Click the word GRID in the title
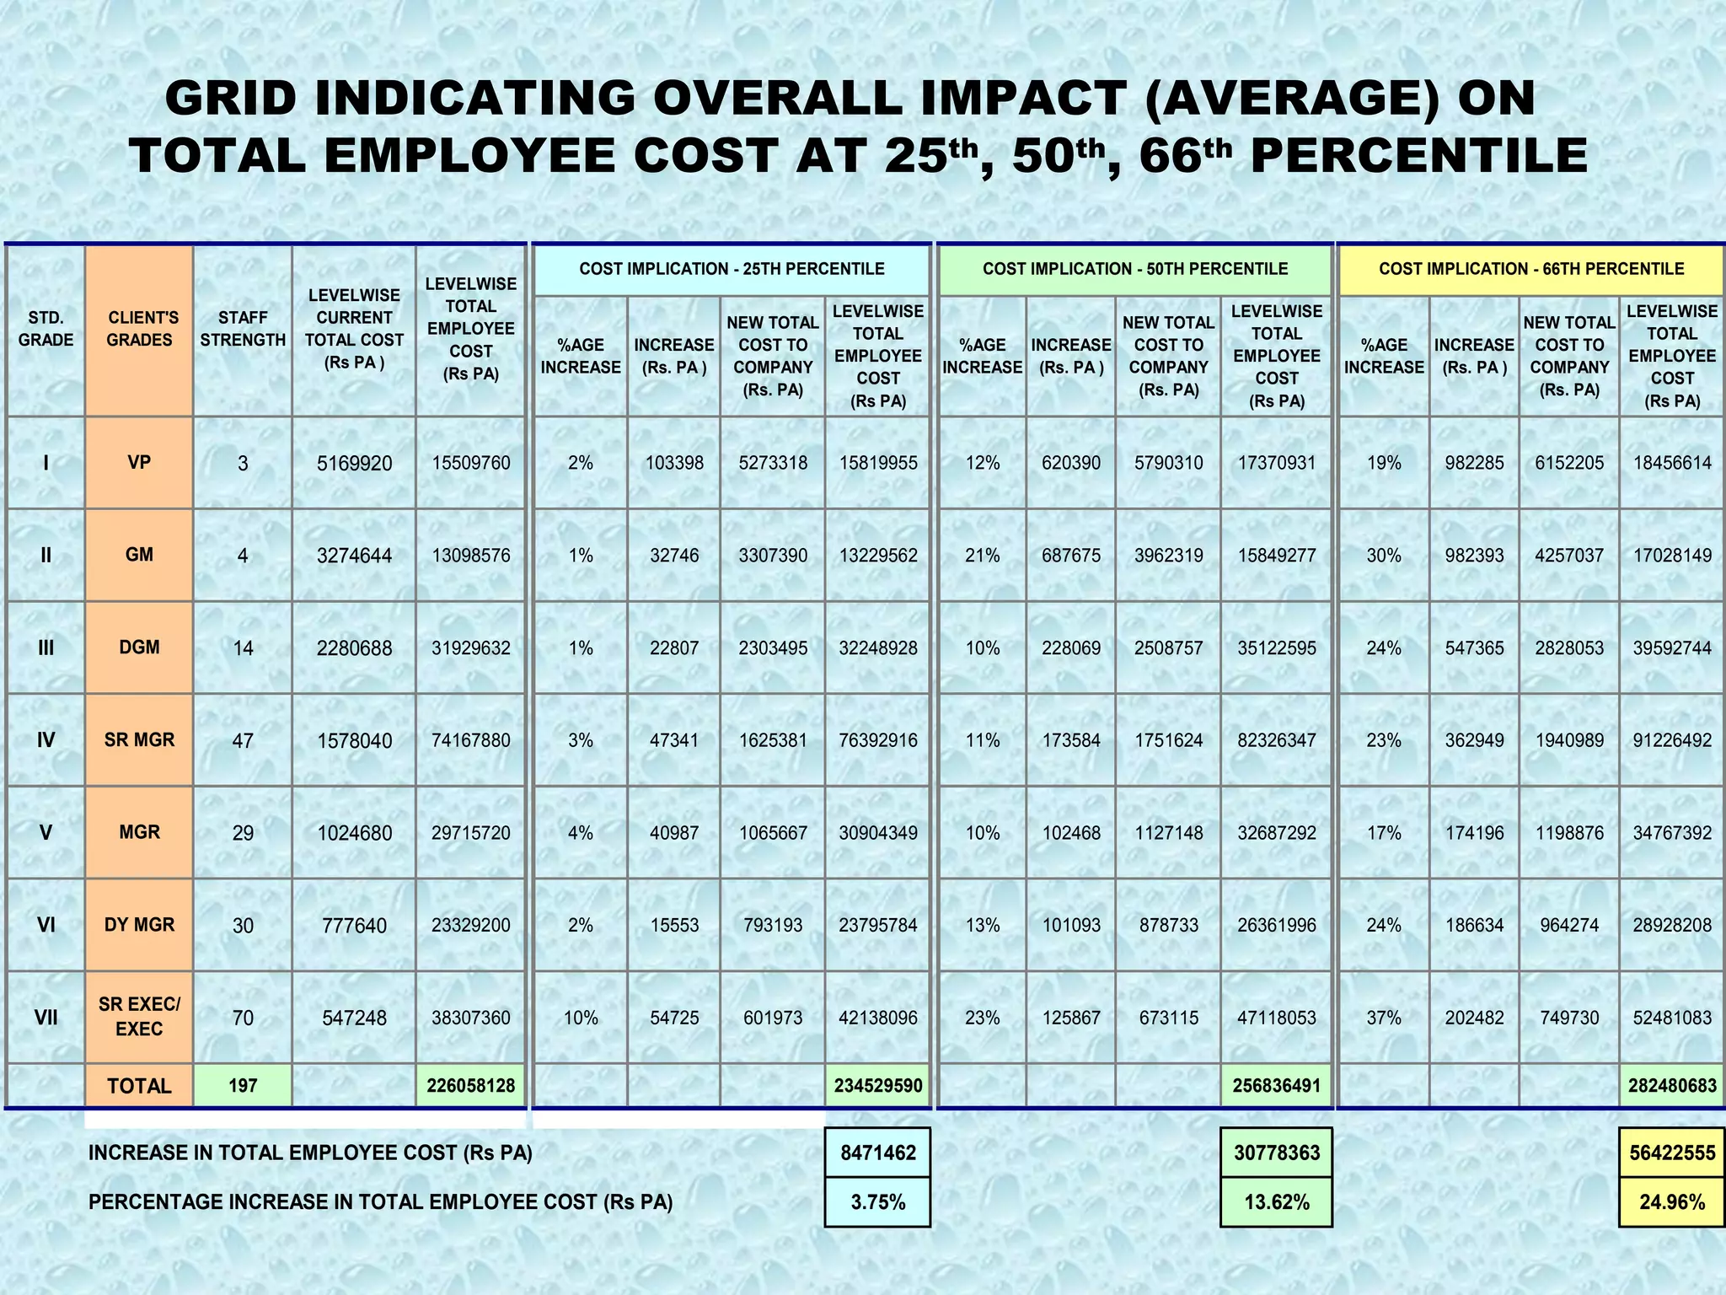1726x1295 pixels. click(x=231, y=98)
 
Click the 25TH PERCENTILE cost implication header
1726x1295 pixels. click(x=732, y=269)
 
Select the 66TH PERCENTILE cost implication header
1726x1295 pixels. click(x=1530, y=269)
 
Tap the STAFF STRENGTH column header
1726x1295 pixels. click(x=243, y=329)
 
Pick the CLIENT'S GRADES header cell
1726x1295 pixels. click(x=139, y=329)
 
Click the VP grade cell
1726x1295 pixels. click(x=139, y=462)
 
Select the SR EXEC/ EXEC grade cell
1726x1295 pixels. click(x=139, y=1017)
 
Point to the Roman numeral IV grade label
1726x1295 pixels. click(x=46, y=740)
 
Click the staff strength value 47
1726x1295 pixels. click(x=243, y=740)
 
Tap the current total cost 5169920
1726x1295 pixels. click(x=354, y=463)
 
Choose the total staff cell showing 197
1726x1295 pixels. click(x=243, y=1085)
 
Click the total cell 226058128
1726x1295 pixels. click(x=470, y=1085)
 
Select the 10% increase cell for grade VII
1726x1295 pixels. click(x=581, y=1018)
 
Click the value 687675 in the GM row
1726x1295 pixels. click(x=1071, y=556)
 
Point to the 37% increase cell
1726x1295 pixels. click(x=1384, y=1018)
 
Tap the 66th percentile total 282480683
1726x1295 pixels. click(x=1672, y=1085)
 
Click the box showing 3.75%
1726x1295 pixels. click(x=877, y=1202)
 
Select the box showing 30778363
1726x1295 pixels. click(x=1277, y=1153)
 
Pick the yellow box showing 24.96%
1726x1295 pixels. click(x=1672, y=1202)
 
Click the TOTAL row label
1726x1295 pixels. click(x=139, y=1086)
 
